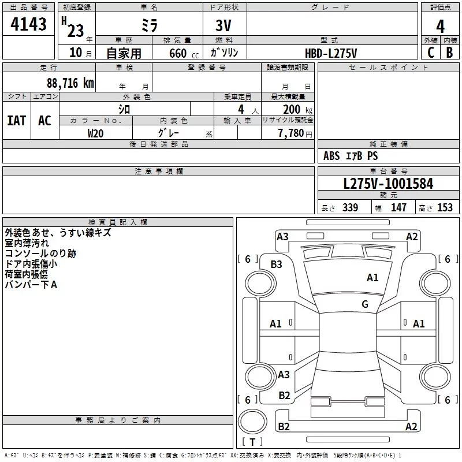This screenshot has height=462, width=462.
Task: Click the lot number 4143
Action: click(x=29, y=25)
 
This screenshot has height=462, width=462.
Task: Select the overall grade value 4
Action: click(x=440, y=26)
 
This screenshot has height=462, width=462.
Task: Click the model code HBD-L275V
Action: click(x=331, y=53)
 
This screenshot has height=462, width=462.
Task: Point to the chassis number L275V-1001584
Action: click(x=388, y=184)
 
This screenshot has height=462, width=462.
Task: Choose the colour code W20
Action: click(x=96, y=133)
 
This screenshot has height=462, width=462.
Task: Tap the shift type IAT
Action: click(x=17, y=120)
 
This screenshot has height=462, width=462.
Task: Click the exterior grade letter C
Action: click(x=430, y=53)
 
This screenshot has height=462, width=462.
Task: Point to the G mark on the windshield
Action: click(x=365, y=304)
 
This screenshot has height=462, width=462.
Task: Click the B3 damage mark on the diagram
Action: click(x=277, y=264)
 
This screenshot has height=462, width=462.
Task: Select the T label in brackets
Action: click(x=252, y=442)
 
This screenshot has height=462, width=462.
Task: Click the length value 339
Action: click(x=350, y=208)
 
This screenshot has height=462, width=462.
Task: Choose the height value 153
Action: click(x=445, y=208)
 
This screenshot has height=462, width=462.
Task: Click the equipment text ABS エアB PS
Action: click(x=351, y=156)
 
